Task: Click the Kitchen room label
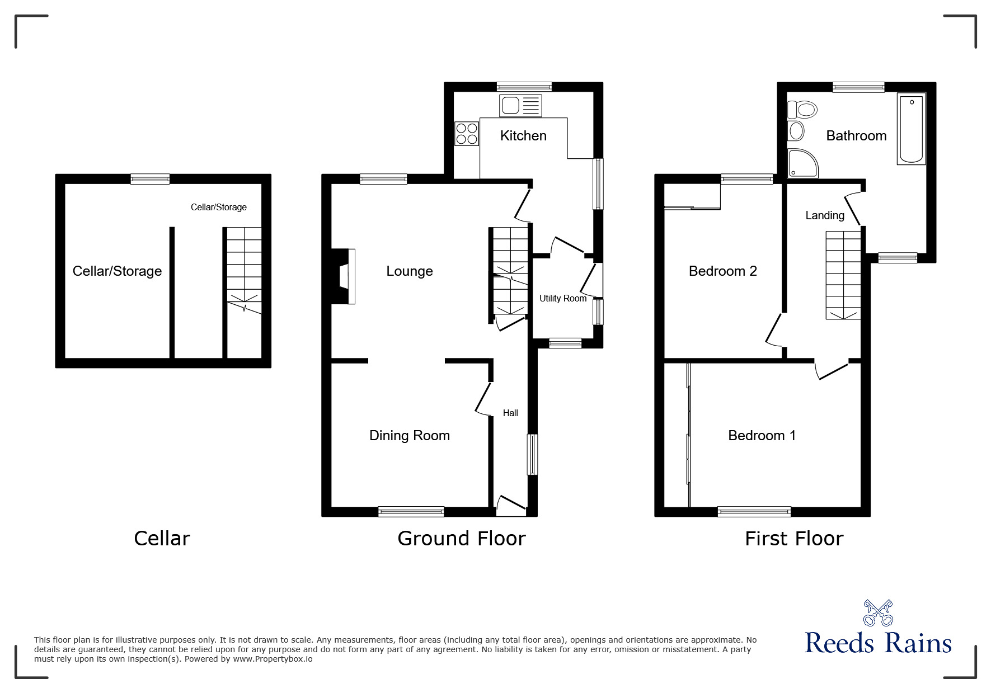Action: [x=523, y=135]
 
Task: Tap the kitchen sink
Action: [x=520, y=106]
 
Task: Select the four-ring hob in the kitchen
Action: [x=467, y=133]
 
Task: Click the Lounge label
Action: [x=410, y=271]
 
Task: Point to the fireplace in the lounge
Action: [x=344, y=276]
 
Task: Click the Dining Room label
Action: [x=410, y=436]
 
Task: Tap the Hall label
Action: [x=510, y=413]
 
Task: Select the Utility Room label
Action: [x=563, y=299]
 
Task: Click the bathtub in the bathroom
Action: [x=911, y=129]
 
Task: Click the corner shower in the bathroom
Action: [x=802, y=163]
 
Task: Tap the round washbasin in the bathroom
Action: [x=796, y=131]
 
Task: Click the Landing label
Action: [x=825, y=215]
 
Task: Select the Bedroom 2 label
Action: [x=723, y=271]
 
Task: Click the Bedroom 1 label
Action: [x=762, y=436]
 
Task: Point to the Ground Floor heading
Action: [x=462, y=539]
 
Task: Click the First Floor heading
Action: [x=794, y=539]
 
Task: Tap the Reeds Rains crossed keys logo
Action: [x=878, y=613]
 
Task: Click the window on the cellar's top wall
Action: [x=150, y=179]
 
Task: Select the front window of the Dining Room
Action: [x=411, y=511]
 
